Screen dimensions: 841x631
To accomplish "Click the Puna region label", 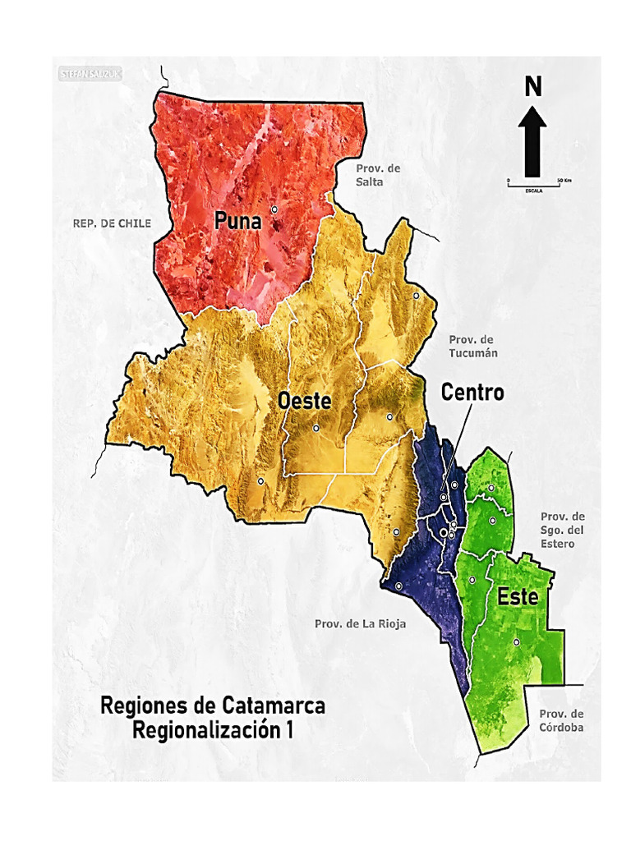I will (238, 221).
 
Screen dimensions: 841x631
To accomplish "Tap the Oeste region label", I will (304, 402).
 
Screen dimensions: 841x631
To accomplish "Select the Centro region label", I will (472, 393).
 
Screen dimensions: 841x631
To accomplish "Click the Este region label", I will (518, 597).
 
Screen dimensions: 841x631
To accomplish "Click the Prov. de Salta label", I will (378, 175).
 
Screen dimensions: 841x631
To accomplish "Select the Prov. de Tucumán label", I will (473, 346).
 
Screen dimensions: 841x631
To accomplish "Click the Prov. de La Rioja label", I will (360, 623).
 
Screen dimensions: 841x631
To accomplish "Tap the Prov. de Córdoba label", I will (562, 719).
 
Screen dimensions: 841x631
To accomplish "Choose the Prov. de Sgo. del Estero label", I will (563, 530).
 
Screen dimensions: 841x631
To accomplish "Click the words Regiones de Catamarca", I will (213, 705).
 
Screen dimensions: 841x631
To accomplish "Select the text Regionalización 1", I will (213, 730).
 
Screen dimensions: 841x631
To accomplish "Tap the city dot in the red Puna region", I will (274, 209).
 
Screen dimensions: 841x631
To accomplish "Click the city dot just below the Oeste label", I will (315, 428).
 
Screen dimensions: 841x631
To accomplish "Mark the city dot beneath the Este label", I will (516, 642).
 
